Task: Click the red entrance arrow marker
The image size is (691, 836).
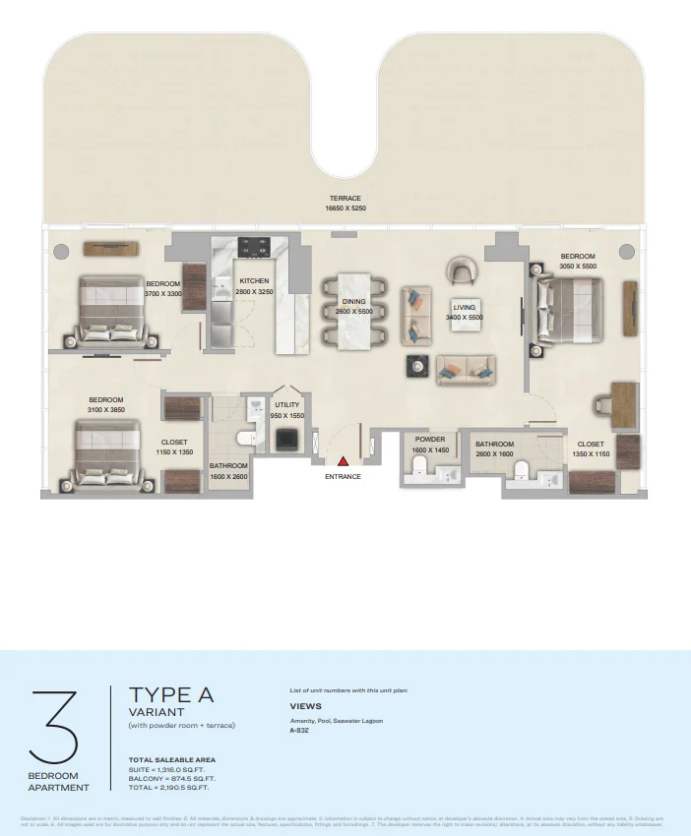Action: click(343, 460)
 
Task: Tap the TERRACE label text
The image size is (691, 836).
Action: click(345, 199)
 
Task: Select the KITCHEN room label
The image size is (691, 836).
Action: click(254, 281)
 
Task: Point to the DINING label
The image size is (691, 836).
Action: click(353, 302)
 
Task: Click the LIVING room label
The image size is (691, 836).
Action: click(465, 307)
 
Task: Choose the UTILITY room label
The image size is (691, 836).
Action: click(287, 405)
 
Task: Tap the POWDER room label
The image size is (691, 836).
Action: click(430, 440)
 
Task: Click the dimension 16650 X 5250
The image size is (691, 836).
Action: click(345, 209)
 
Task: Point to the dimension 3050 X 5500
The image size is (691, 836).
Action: click(578, 267)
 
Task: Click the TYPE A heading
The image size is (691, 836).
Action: click(170, 695)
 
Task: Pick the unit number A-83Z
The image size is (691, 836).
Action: click(299, 731)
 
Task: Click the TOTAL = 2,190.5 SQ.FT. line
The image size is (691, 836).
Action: click(168, 788)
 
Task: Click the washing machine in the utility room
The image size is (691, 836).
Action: click(286, 441)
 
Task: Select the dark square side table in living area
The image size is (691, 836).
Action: click(416, 366)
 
